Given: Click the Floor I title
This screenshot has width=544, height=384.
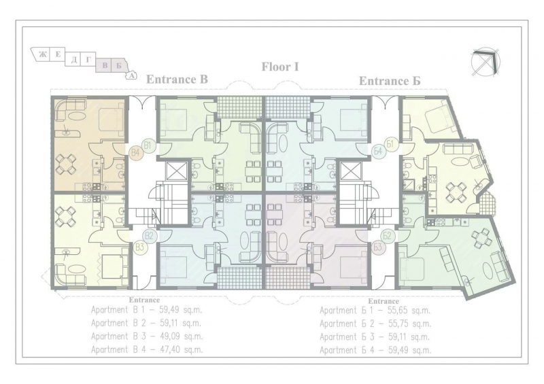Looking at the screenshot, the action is (280, 67).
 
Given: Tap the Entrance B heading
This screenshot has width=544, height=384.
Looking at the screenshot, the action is (177, 80).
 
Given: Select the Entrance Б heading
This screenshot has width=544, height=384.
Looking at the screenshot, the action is (390, 81).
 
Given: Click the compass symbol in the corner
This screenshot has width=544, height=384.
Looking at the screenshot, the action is (486, 63).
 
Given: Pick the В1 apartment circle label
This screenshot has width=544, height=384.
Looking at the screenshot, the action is (148, 145).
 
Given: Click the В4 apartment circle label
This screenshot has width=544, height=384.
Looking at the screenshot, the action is (136, 152).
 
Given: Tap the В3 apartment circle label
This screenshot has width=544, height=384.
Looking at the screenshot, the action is (140, 247).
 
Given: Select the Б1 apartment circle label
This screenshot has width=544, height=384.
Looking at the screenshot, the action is (390, 143).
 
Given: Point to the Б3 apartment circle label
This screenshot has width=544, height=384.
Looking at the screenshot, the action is (379, 247).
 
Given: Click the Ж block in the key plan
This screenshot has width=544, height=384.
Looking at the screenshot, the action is (41, 55).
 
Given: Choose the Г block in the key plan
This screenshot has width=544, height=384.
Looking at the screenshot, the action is (88, 60).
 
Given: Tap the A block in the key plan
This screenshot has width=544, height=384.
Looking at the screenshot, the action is (131, 75).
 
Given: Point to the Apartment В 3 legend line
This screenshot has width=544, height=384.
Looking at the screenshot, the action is (147, 336).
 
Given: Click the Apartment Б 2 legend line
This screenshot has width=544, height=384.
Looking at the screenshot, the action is (375, 324).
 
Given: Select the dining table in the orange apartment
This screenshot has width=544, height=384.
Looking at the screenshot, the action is (66, 164).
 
